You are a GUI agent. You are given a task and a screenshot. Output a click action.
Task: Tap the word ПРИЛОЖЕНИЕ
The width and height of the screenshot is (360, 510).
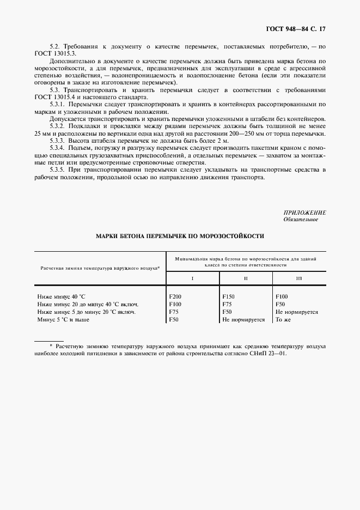(304, 212)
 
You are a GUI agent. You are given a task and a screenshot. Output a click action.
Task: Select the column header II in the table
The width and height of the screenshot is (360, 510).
(246, 278)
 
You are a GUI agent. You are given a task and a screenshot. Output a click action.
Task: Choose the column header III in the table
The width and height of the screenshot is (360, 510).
(299, 278)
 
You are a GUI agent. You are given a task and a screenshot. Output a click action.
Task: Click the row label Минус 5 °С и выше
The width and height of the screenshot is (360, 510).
(63, 320)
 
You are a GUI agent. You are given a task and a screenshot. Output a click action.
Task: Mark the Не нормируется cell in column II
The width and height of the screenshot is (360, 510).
(243, 320)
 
